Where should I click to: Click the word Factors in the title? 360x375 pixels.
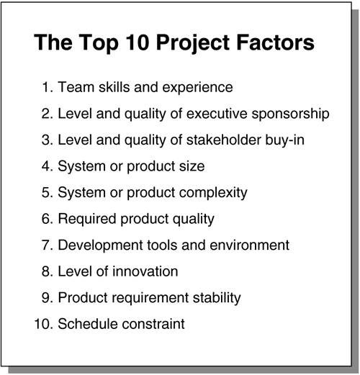(275, 42)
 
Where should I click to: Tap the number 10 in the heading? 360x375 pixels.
(137, 42)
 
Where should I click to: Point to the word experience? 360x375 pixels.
(197, 88)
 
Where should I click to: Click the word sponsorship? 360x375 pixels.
(290, 114)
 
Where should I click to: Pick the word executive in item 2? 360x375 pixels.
(217, 114)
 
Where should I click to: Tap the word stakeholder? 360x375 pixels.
(223, 140)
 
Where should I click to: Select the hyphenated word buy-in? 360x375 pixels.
(284, 140)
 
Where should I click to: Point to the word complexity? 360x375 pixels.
(213, 194)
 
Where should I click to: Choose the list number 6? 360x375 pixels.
(47, 219)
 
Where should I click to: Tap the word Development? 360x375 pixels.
(100, 246)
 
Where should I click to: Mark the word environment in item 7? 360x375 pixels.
(249, 245)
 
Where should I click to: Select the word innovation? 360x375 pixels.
(145, 271)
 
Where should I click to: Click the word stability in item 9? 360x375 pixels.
(217, 299)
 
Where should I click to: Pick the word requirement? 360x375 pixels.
(150, 299)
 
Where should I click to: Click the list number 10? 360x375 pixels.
(43, 324)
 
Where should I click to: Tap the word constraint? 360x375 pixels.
(153, 324)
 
